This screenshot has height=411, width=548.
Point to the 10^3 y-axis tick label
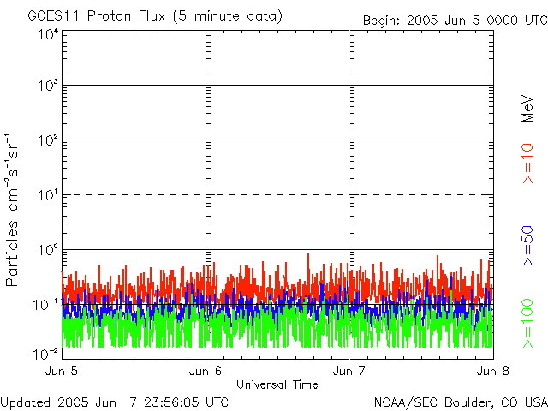coord(47,86)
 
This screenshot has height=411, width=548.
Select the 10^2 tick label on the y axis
coord(47,140)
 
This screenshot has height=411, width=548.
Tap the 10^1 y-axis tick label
coord(47,195)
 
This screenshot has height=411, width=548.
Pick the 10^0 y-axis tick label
coord(47,250)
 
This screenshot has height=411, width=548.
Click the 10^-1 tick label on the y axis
coord(45,304)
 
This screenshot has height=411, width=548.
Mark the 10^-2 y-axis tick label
coord(45,353)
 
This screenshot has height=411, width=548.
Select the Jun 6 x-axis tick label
coord(206,371)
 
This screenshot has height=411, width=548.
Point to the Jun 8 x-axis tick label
coord(492,371)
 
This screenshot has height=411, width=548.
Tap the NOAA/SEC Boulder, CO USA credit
coord(460,402)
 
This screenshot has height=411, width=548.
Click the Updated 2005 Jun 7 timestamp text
coord(115,402)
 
